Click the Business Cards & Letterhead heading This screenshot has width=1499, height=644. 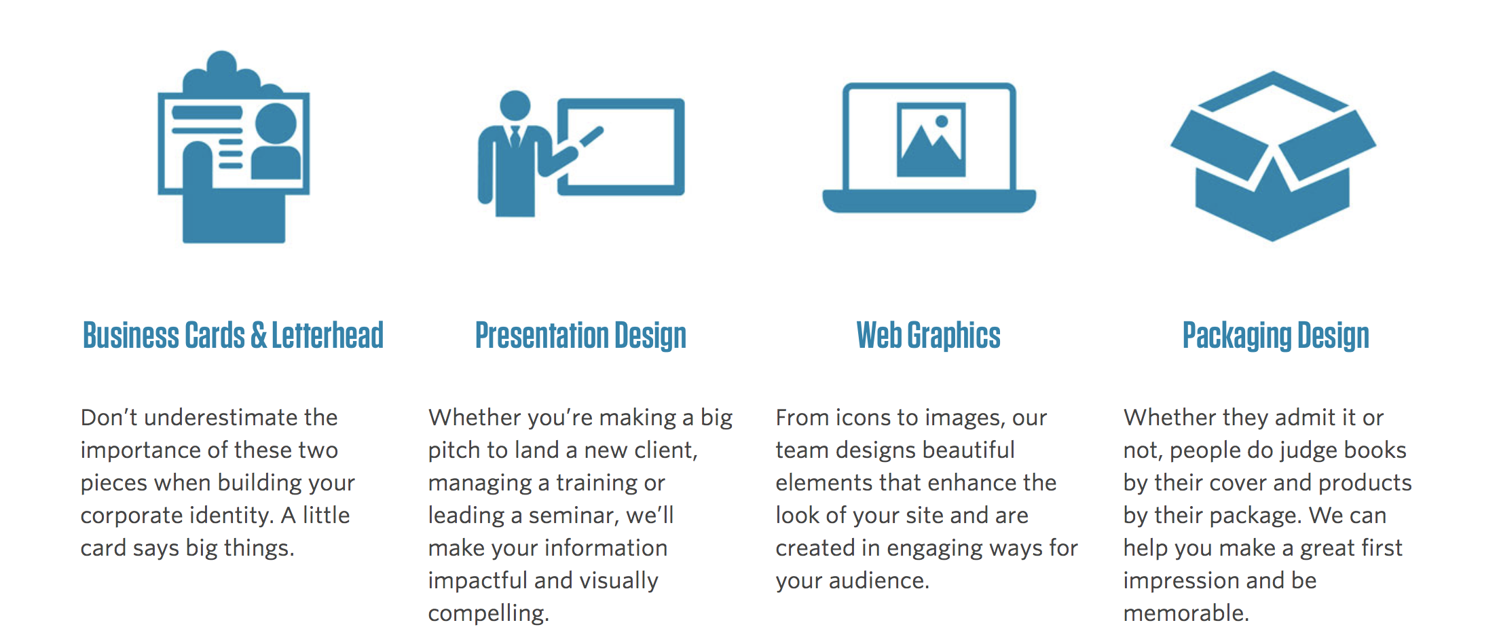[x=233, y=335]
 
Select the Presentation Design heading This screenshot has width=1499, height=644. [x=580, y=336]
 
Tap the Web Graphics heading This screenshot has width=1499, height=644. [x=928, y=336]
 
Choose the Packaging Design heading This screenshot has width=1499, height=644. [x=1276, y=336]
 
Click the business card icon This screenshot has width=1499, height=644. [x=234, y=147]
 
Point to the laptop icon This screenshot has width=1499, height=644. [x=929, y=147]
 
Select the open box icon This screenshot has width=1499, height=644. [x=1273, y=156]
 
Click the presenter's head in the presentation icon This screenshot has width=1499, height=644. [x=515, y=105]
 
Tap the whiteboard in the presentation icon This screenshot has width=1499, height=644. [x=621, y=147]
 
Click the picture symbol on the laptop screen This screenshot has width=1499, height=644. [x=931, y=140]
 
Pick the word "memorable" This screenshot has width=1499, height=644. [x=1185, y=613]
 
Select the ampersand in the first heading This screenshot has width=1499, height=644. [x=259, y=336]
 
